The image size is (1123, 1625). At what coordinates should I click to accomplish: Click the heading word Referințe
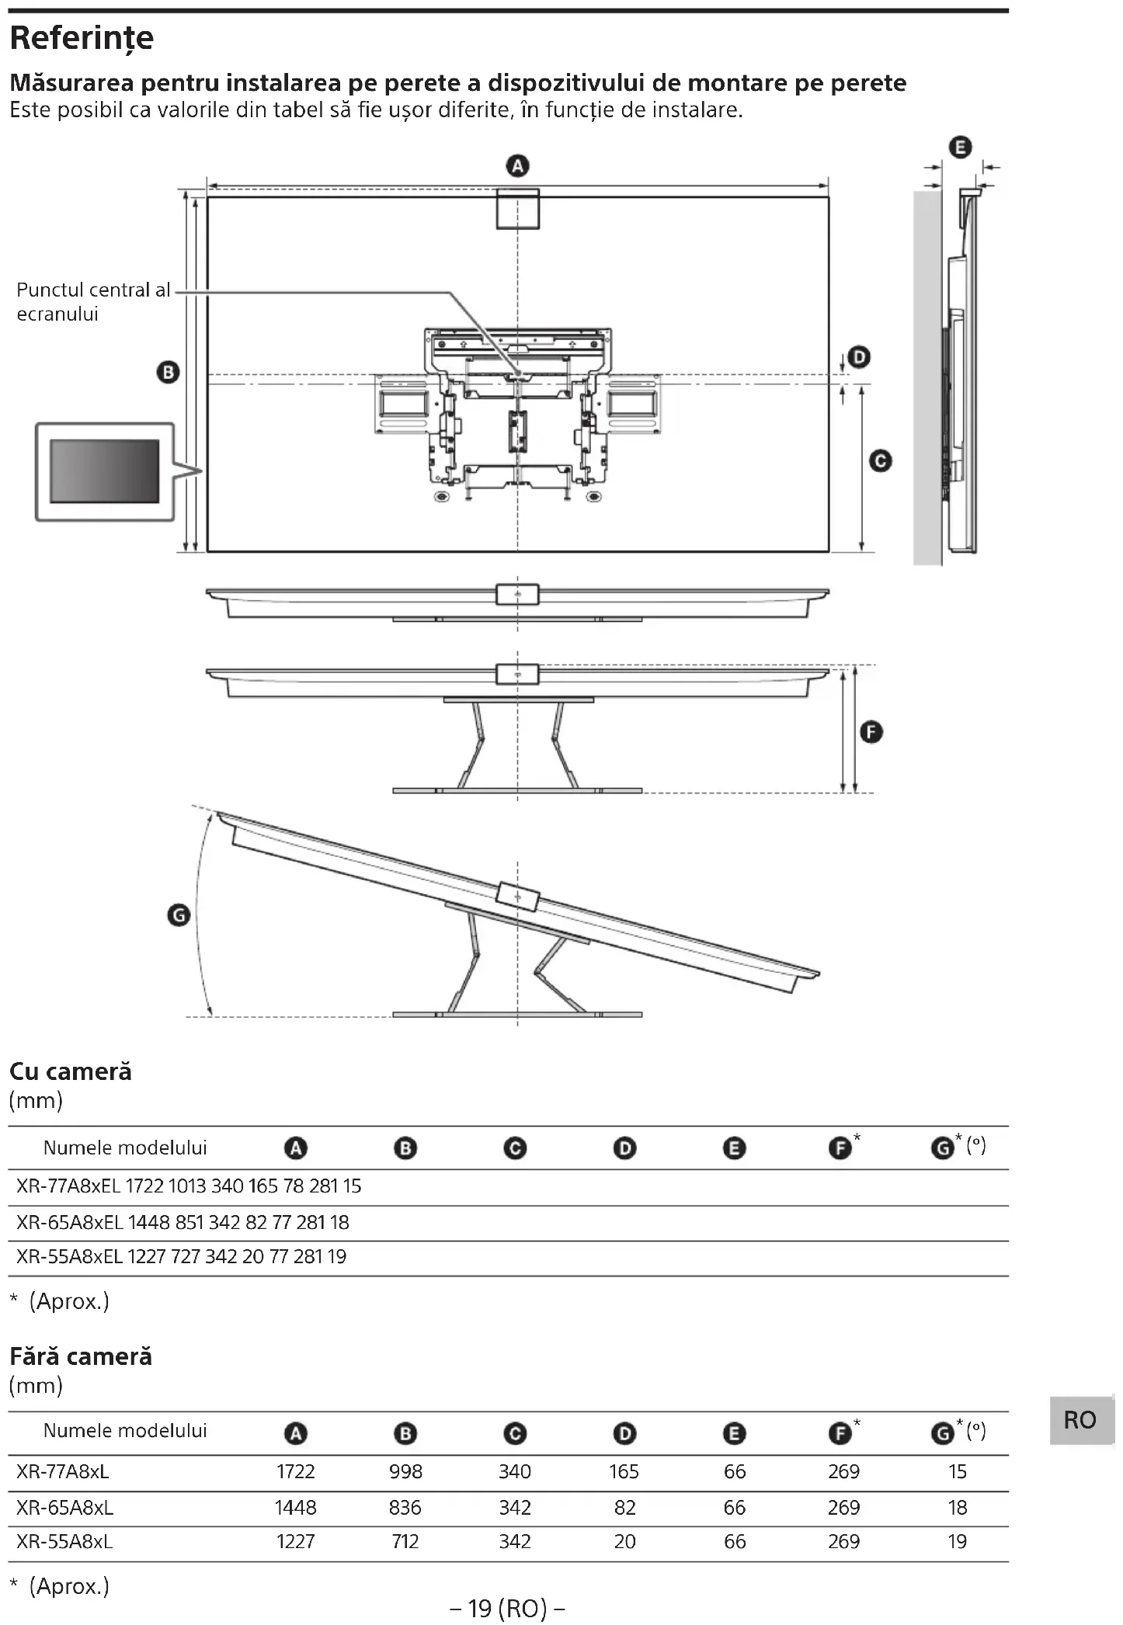coord(82,37)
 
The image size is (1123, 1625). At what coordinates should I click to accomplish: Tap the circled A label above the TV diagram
coord(517,166)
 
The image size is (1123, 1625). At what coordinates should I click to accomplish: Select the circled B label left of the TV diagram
coord(168,372)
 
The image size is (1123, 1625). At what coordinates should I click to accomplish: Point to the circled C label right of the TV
coord(880,461)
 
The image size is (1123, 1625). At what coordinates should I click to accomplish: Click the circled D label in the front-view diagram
coord(859,357)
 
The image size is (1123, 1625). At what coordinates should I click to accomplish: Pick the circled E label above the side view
coord(961,147)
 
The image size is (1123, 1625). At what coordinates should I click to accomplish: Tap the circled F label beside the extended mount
coord(871,732)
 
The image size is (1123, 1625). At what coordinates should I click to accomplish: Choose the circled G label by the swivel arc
coord(179,915)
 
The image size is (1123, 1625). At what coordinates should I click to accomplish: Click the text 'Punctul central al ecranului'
coord(92,301)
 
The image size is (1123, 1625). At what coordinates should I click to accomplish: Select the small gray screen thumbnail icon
coord(105,471)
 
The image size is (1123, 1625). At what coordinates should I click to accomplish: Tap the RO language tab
coord(1080,1420)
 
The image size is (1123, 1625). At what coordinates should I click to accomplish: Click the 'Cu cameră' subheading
coord(71,1071)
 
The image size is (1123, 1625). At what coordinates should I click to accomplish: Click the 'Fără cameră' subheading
coord(81,1356)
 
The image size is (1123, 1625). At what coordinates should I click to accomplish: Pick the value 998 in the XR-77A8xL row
coord(405,1471)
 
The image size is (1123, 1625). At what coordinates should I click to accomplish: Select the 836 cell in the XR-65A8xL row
coord(405,1508)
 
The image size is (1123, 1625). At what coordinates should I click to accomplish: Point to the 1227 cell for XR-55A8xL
coord(295,1542)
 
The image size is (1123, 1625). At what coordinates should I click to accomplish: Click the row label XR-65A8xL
coord(64,1508)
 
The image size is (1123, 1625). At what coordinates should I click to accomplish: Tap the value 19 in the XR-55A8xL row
coord(957,1542)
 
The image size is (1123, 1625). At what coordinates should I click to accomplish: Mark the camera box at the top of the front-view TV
coord(517,208)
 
